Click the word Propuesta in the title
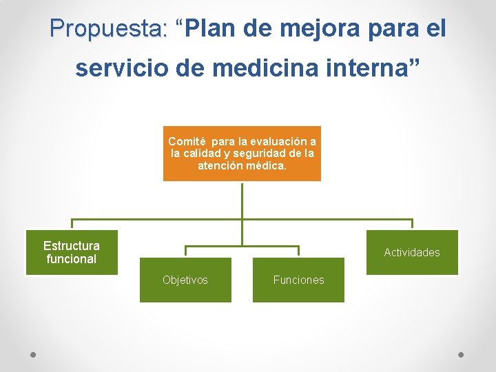[108, 28]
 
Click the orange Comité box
[242, 153]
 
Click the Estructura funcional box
[72, 252]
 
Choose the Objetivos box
[185, 280]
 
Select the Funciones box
[298, 280]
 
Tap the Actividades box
[412, 252]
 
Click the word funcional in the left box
[72, 259]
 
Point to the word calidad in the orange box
[207, 153]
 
